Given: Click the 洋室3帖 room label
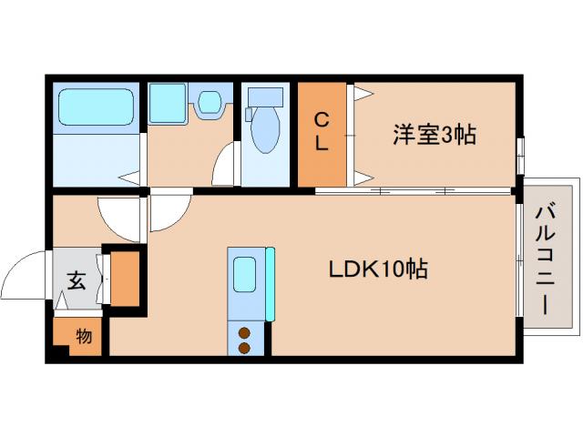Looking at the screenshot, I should [435, 135].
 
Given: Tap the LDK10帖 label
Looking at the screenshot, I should [379, 269].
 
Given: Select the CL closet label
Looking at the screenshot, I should [322, 131].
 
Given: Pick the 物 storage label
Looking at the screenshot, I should [84, 337].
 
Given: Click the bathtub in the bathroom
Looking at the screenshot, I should [97, 107].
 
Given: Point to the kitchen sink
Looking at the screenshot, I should [244, 274].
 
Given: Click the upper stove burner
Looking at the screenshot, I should [244, 331].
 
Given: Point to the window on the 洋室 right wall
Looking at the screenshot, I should [520, 153].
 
